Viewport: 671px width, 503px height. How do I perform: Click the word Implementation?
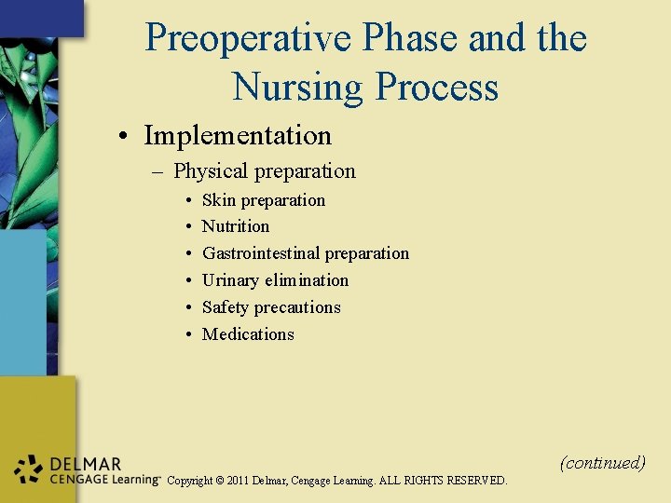pyautogui.click(x=237, y=136)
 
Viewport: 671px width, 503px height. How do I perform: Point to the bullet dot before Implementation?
pyautogui.click(x=124, y=137)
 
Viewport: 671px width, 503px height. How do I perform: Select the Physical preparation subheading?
pyautogui.click(x=264, y=171)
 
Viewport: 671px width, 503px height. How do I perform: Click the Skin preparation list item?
pyautogui.click(x=263, y=200)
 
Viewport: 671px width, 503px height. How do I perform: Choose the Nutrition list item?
pyautogui.click(x=235, y=226)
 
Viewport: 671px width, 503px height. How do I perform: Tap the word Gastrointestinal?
pyautogui.click(x=261, y=253)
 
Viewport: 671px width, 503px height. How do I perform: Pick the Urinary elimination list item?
pyautogui.click(x=275, y=280)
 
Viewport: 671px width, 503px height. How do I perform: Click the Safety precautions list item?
pyautogui.click(x=271, y=307)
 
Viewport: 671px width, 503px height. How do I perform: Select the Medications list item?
pyautogui.click(x=248, y=334)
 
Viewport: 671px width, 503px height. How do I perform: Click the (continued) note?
pyautogui.click(x=602, y=463)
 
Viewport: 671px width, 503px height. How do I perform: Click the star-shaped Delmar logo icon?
pyautogui.click(x=30, y=470)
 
